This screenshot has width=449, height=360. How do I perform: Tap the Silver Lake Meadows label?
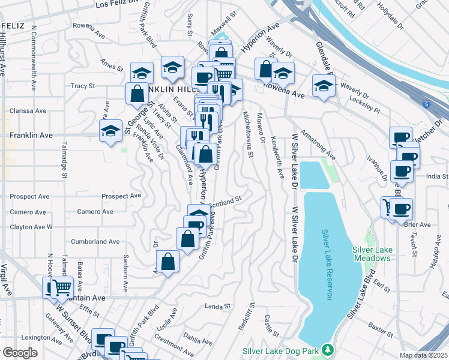tap(372, 254)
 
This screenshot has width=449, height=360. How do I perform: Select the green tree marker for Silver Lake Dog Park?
tap(327, 349)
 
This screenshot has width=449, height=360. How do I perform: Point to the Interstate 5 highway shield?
tap(425, 104)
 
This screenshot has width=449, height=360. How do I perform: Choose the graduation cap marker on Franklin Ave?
tap(110, 134)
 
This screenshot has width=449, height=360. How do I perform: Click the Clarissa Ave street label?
tap(28, 111)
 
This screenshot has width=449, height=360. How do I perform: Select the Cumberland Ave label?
tap(95, 241)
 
